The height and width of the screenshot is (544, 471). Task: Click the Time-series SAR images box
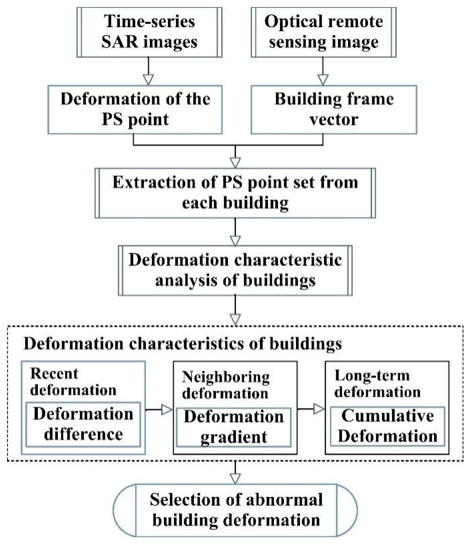point(149,32)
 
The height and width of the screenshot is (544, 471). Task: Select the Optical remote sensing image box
point(323,32)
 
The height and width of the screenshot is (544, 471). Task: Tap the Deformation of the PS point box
point(135,110)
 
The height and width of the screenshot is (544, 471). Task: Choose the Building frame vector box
point(334,110)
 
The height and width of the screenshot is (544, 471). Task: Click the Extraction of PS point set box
point(235,193)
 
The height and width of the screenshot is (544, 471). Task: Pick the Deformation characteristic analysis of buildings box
point(235,270)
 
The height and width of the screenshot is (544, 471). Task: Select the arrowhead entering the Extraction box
point(235,162)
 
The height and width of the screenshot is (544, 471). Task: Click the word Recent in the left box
point(54,374)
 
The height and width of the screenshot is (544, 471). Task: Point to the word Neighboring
point(225,377)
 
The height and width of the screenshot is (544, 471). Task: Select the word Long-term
point(372,375)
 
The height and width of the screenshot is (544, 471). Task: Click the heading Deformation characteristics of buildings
point(183,344)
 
